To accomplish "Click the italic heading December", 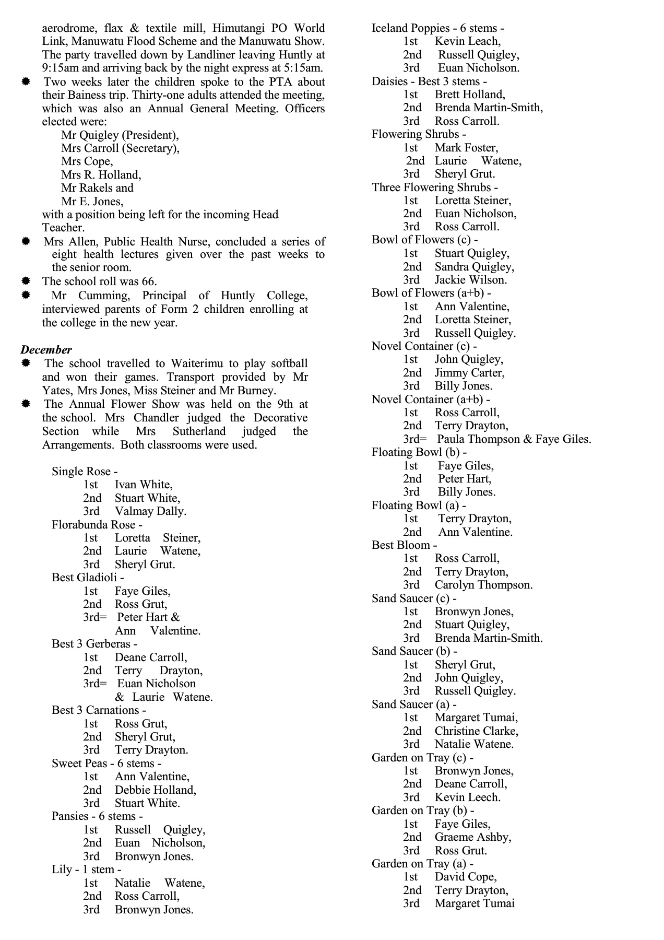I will pyautogui.click(x=46, y=350).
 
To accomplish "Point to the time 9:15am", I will pyautogui.click(x=61, y=68).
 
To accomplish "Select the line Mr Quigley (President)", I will pyautogui.click(x=120, y=135).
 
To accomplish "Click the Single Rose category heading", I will pyautogui.click(x=84, y=472).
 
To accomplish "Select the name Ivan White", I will pyautogui.click(x=144, y=485).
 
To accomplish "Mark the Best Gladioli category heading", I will pyautogui.click(x=87, y=578).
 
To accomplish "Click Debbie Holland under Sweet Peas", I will pyautogui.click(x=155, y=790).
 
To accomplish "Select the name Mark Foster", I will pyautogui.click(x=466, y=148).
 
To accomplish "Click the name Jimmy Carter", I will pyautogui.click(x=469, y=373).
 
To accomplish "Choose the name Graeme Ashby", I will pyautogui.click(x=472, y=837).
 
